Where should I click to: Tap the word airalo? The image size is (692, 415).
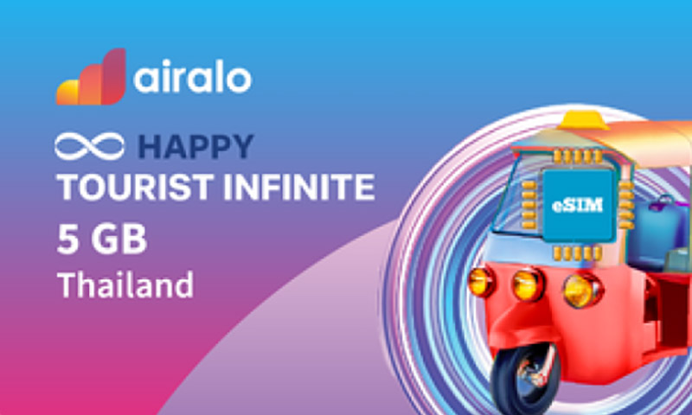(193, 79)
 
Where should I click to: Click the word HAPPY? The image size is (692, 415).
(196, 147)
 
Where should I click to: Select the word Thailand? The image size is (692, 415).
(125, 285)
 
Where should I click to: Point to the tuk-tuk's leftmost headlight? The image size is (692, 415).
(481, 281)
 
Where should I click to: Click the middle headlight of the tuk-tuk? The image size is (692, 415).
(529, 284)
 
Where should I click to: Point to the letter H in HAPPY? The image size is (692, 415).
(152, 147)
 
